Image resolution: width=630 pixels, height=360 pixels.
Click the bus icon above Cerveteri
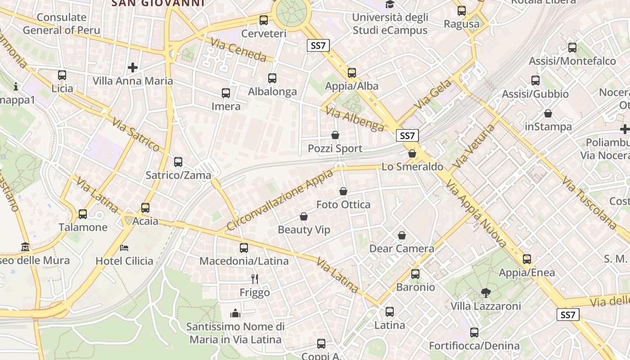click(x=264, y=20)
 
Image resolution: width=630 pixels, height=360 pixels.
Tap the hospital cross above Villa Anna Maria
click(x=133, y=67)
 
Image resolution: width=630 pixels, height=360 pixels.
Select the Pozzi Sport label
click(x=335, y=148)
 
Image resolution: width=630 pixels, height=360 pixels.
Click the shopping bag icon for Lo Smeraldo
click(x=412, y=154)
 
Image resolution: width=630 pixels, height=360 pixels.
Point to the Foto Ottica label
click(x=343, y=205)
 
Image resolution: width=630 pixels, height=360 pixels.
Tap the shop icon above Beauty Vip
click(x=304, y=216)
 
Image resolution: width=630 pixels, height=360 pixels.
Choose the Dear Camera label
click(x=401, y=248)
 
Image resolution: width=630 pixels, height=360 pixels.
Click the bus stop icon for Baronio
click(x=415, y=274)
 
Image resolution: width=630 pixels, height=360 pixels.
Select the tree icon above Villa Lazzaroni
click(x=486, y=293)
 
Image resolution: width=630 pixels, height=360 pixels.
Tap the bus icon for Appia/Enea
click(x=526, y=259)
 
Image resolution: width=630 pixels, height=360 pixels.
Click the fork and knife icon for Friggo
click(x=255, y=279)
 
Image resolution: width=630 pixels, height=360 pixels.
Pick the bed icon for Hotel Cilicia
click(x=124, y=247)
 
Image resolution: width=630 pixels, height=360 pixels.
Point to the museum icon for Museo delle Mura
click(x=25, y=247)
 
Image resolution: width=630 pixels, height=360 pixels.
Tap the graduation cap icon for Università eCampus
click(x=390, y=4)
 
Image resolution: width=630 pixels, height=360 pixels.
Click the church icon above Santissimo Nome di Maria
click(x=235, y=313)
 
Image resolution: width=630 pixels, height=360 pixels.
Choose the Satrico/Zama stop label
click(x=178, y=175)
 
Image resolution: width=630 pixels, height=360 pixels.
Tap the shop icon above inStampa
click(x=548, y=113)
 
